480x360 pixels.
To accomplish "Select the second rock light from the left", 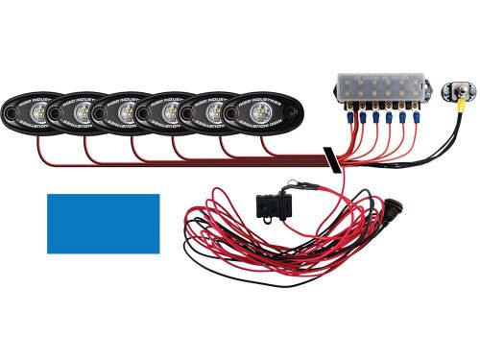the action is pyautogui.click(x=81, y=114).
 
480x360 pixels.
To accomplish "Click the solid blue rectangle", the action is pyautogui.click(x=104, y=224).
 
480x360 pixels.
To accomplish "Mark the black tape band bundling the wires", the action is pyautogui.click(x=328, y=158).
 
